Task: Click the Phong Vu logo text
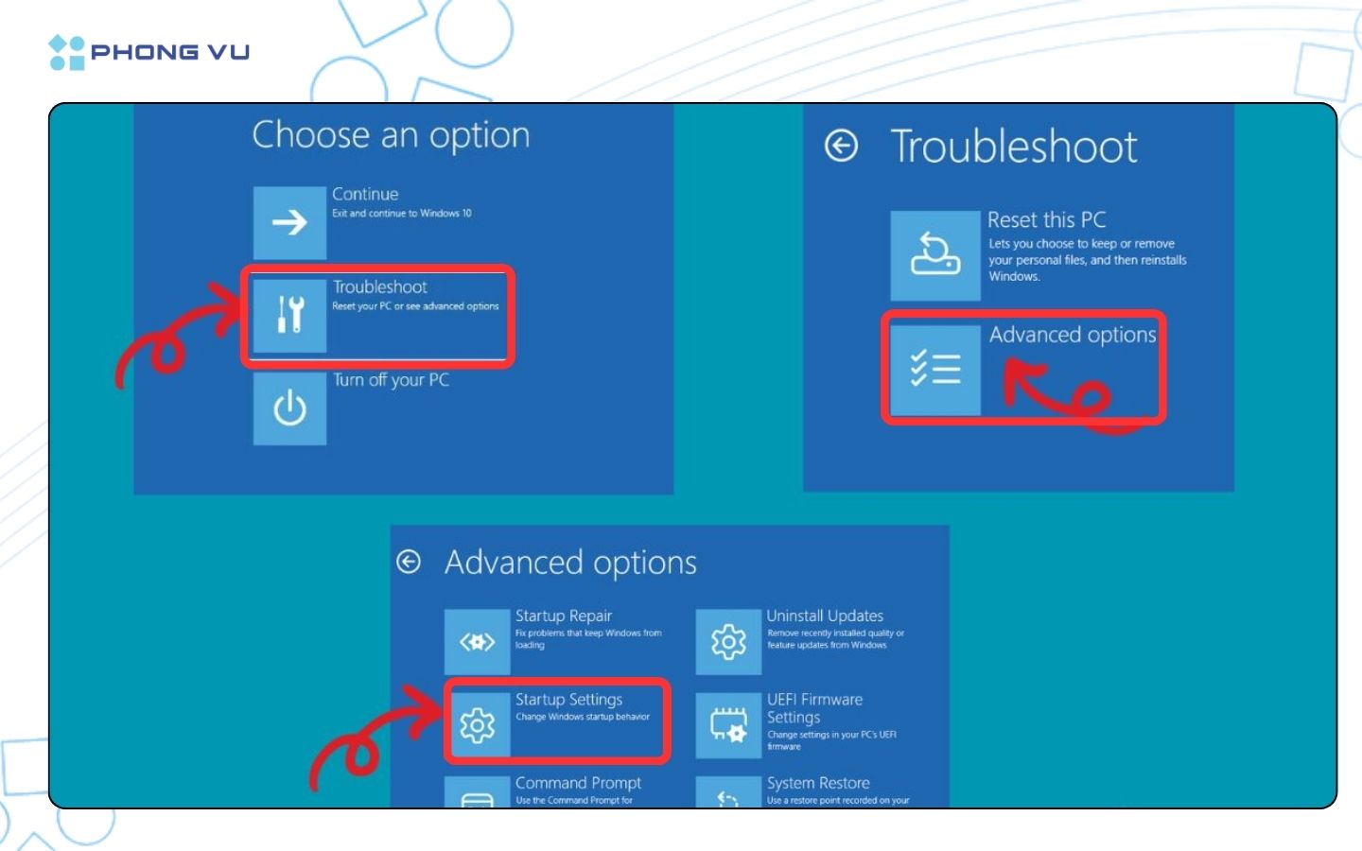[x=170, y=52]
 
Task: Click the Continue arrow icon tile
[x=289, y=222]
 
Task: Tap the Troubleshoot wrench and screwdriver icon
[x=289, y=315]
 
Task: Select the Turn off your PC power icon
[x=289, y=408]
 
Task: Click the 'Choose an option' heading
[x=391, y=135]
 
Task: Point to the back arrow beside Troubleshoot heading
[x=841, y=146]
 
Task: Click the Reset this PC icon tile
[x=934, y=255]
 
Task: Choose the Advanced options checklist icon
[x=934, y=369]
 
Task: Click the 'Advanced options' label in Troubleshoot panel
[x=1072, y=335]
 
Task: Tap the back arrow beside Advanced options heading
[x=409, y=562]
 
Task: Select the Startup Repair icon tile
[x=477, y=642]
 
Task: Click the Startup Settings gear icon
[x=478, y=725]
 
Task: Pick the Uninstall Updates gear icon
[x=728, y=642]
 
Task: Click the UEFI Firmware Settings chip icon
[x=728, y=725]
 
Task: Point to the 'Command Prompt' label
[x=578, y=783]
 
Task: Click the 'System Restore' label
[x=818, y=783]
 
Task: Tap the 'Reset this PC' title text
[x=1046, y=220]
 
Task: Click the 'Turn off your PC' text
[x=391, y=380]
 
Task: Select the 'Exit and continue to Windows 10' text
[x=401, y=214]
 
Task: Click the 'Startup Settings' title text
[x=568, y=700]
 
